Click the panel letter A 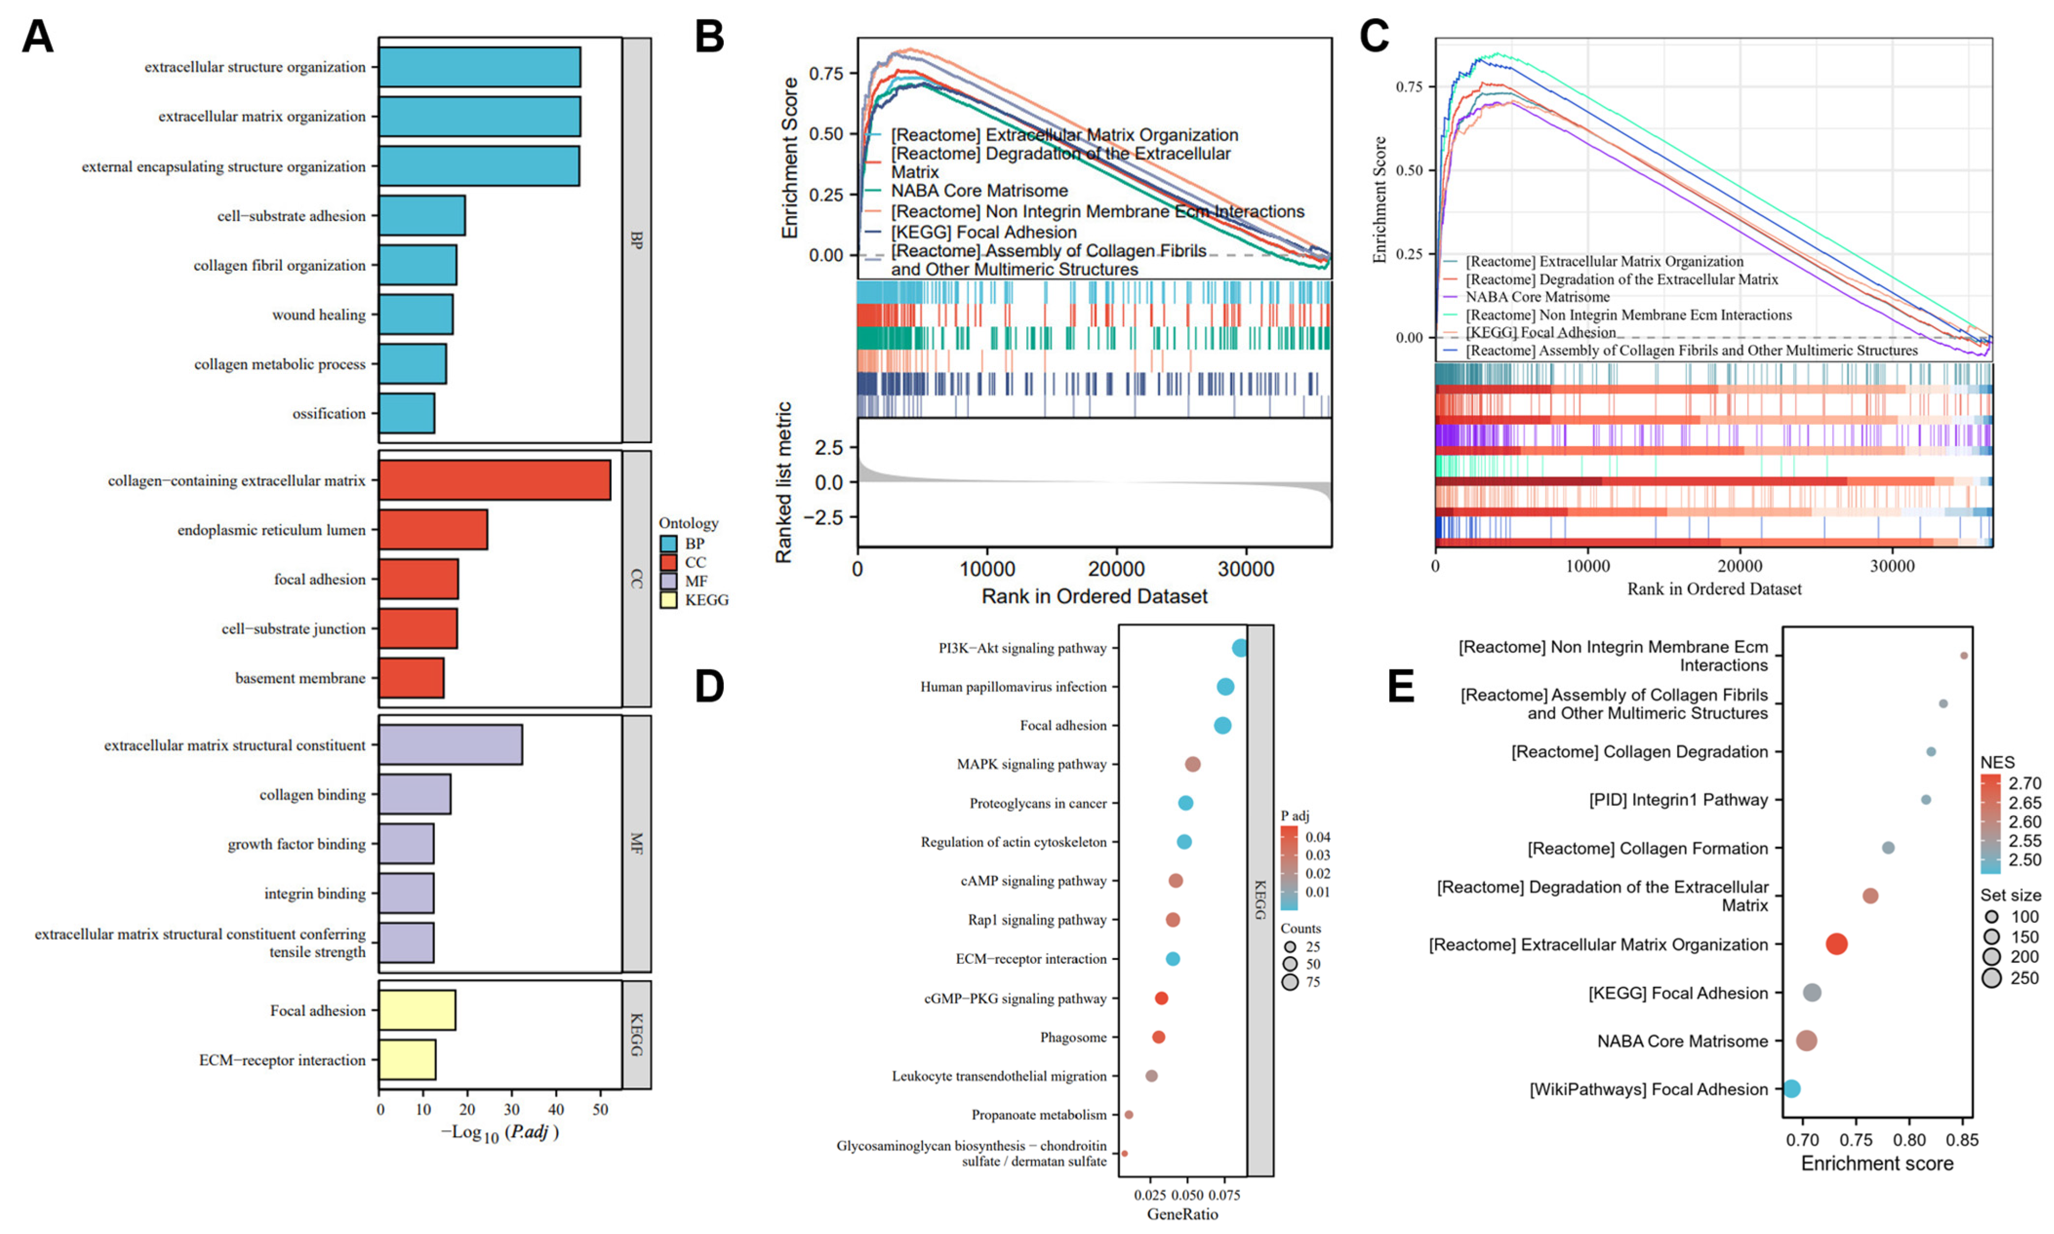38,38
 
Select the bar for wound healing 416,314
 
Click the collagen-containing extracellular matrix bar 495,481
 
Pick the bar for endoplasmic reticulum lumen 434,529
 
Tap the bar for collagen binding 415,794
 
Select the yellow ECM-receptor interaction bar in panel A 408,1059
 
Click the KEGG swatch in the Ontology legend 668,600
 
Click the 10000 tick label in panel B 987,569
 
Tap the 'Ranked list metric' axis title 784,482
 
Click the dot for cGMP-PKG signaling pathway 1161,998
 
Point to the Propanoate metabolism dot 1129,1114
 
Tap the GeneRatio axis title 1182,1214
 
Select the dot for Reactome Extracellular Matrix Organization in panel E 1837,944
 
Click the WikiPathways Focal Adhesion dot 1792,1089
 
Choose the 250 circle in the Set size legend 1992,978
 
